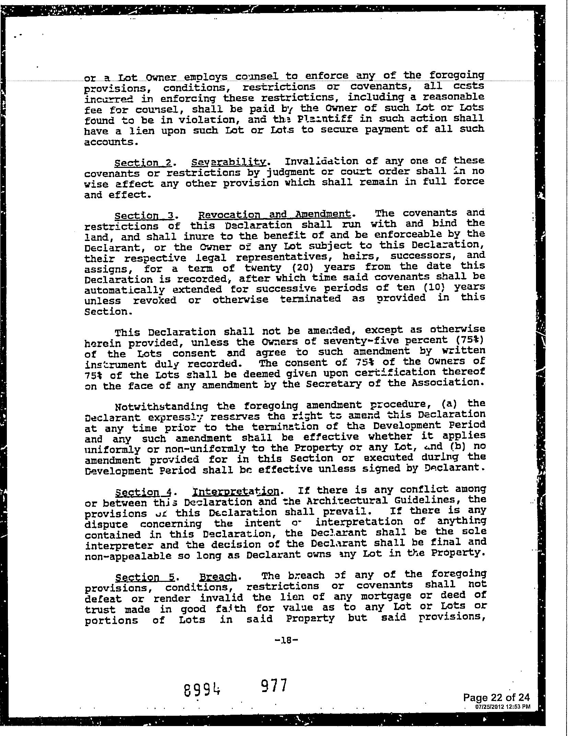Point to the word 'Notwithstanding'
[x=161, y=407]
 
